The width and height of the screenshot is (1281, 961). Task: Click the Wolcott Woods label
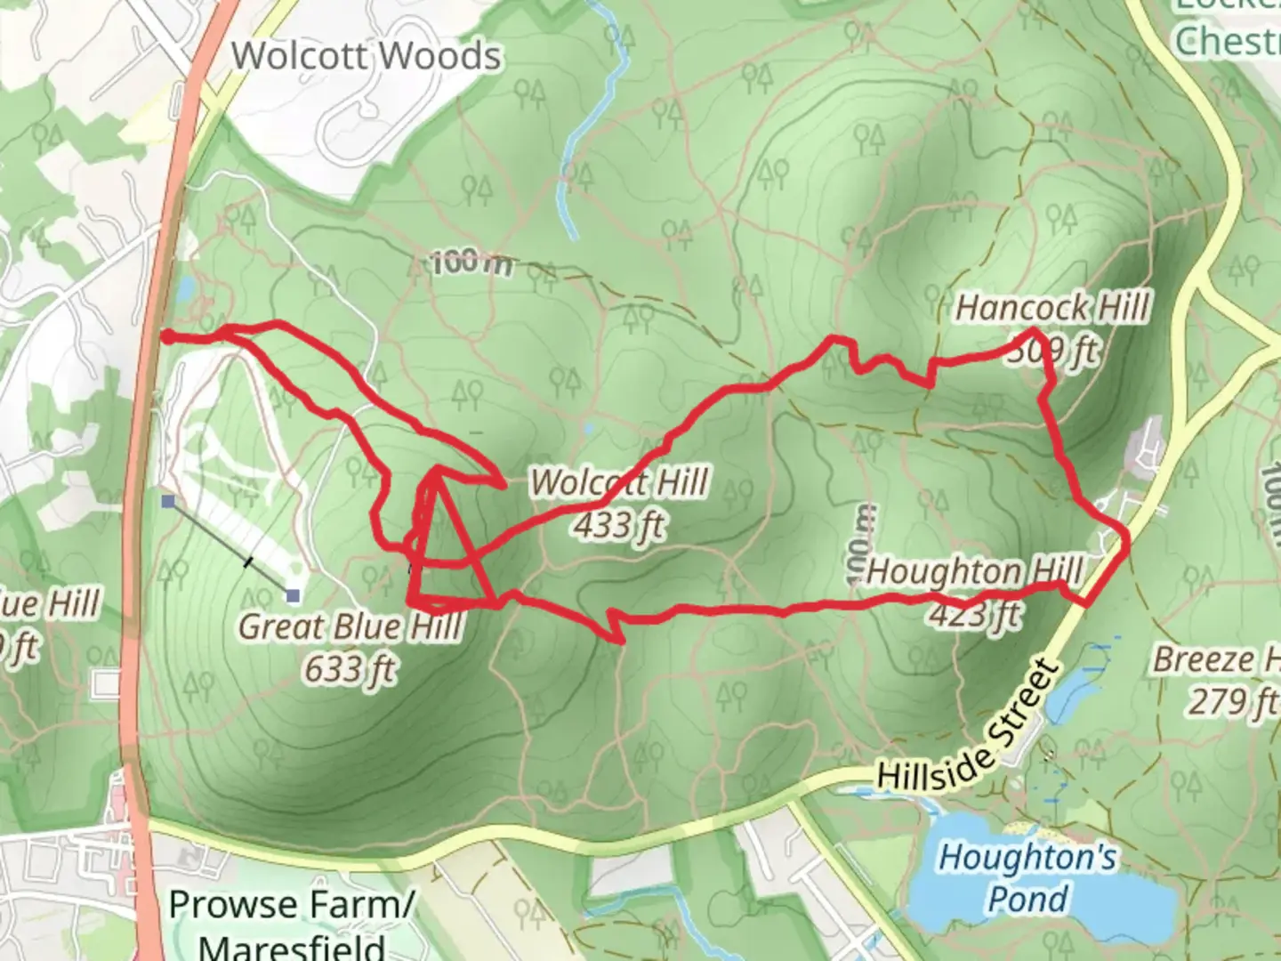point(366,56)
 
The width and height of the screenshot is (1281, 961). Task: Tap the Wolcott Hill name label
point(619,483)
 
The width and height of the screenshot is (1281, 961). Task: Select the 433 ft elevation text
point(619,526)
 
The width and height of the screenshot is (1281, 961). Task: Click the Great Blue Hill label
point(350,626)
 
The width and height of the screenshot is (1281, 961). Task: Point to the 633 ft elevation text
point(350,668)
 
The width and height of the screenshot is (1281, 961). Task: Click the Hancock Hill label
point(1052,309)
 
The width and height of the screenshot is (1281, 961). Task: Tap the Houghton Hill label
point(974,571)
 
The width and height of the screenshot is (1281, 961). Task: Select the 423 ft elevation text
point(976,614)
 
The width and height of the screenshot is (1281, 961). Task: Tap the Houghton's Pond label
point(1027,877)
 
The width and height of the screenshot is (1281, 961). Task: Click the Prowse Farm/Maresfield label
point(292,922)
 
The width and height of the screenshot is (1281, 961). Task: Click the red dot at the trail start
point(166,335)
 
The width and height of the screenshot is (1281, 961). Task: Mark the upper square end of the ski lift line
point(168,503)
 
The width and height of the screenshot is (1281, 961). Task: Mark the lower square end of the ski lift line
point(293,595)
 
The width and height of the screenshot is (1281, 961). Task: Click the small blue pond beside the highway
point(186,289)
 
